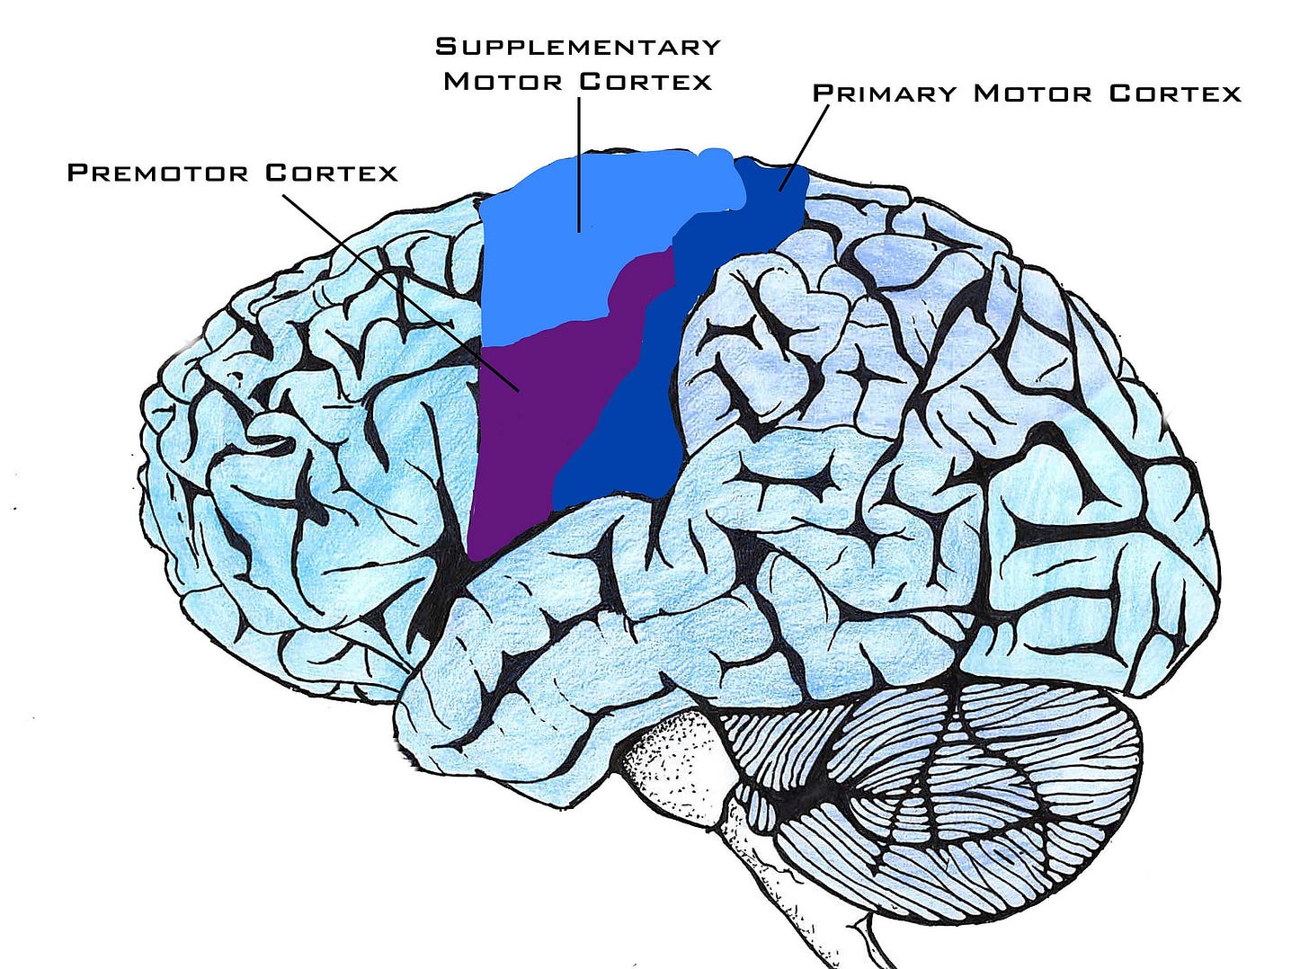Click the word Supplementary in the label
[x=578, y=46]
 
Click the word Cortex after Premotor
[x=332, y=173]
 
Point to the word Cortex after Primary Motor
[x=1174, y=93]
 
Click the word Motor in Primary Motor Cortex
[x=1033, y=93]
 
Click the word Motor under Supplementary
[x=503, y=81]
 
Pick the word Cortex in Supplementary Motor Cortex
[x=646, y=81]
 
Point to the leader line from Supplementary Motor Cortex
[x=579, y=162]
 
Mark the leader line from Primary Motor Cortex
[x=805, y=144]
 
